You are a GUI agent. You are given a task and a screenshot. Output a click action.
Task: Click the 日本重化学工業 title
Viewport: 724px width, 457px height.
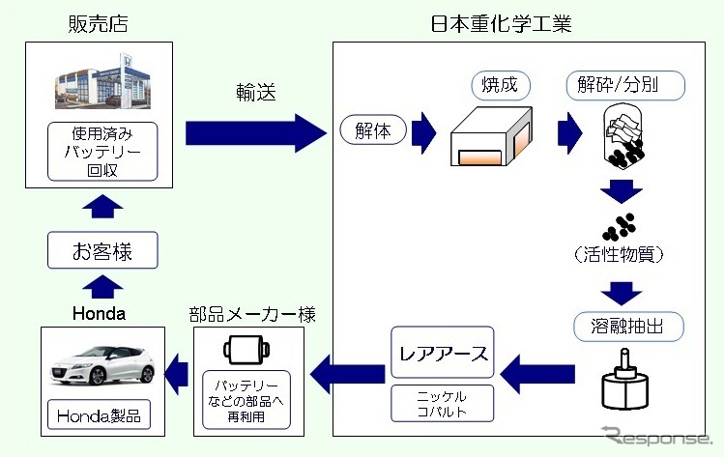[x=501, y=22]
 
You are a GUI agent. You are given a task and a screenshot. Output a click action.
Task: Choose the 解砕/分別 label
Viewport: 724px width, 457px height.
[x=623, y=85]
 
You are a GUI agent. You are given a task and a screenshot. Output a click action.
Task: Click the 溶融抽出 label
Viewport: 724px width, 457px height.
[x=623, y=326]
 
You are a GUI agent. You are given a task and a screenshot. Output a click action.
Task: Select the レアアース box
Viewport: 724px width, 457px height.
[x=444, y=355]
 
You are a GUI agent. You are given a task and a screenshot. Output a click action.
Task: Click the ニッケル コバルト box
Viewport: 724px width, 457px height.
[x=444, y=405]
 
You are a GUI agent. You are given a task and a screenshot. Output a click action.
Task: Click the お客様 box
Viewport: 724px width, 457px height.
[x=102, y=253]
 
